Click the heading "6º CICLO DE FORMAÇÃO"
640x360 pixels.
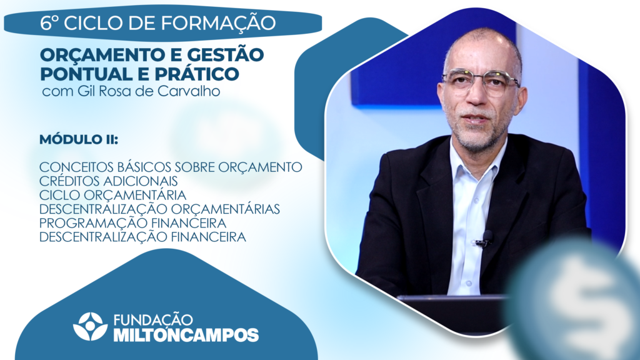[x=158, y=23]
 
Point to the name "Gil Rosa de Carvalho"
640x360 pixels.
[x=149, y=91]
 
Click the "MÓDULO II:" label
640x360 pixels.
[x=79, y=139]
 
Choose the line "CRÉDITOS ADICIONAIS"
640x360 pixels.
[x=109, y=181]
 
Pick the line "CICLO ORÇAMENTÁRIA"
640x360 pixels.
[x=112, y=195]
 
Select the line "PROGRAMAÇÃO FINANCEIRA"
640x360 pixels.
[x=133, y=223]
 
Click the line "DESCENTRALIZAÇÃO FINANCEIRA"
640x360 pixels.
[x=143, y=237]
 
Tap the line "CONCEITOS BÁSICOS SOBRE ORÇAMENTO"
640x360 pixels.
[x=171, y=167]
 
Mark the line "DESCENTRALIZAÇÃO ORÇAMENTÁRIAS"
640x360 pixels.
[x=159, y=209]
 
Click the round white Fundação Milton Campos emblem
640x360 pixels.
[x=90, y=326]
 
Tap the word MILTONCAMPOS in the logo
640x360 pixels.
[x=186, y=335]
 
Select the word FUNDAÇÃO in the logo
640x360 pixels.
[x=153, y=320]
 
